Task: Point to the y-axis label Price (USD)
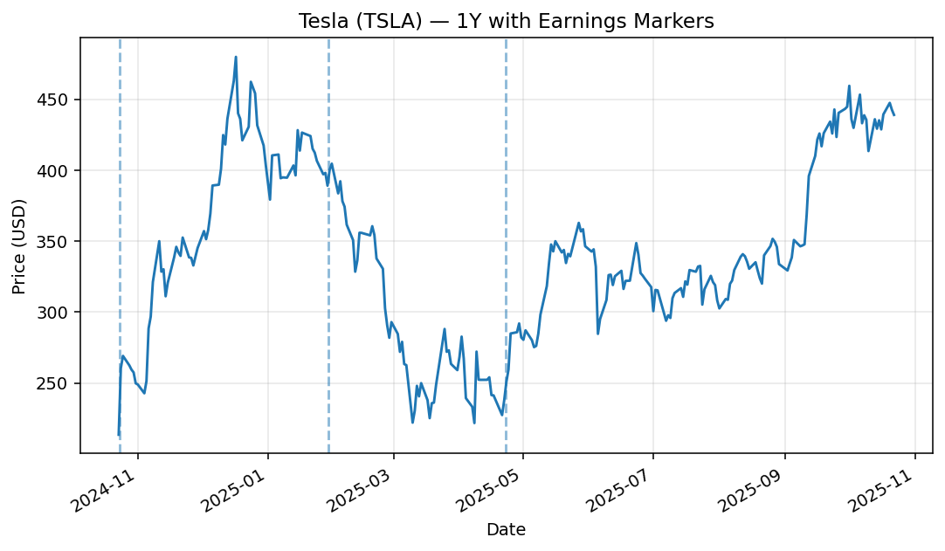(x=19, y=245)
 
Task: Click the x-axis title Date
(x=506, y=529)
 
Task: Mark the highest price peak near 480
(x=236, y=58)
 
